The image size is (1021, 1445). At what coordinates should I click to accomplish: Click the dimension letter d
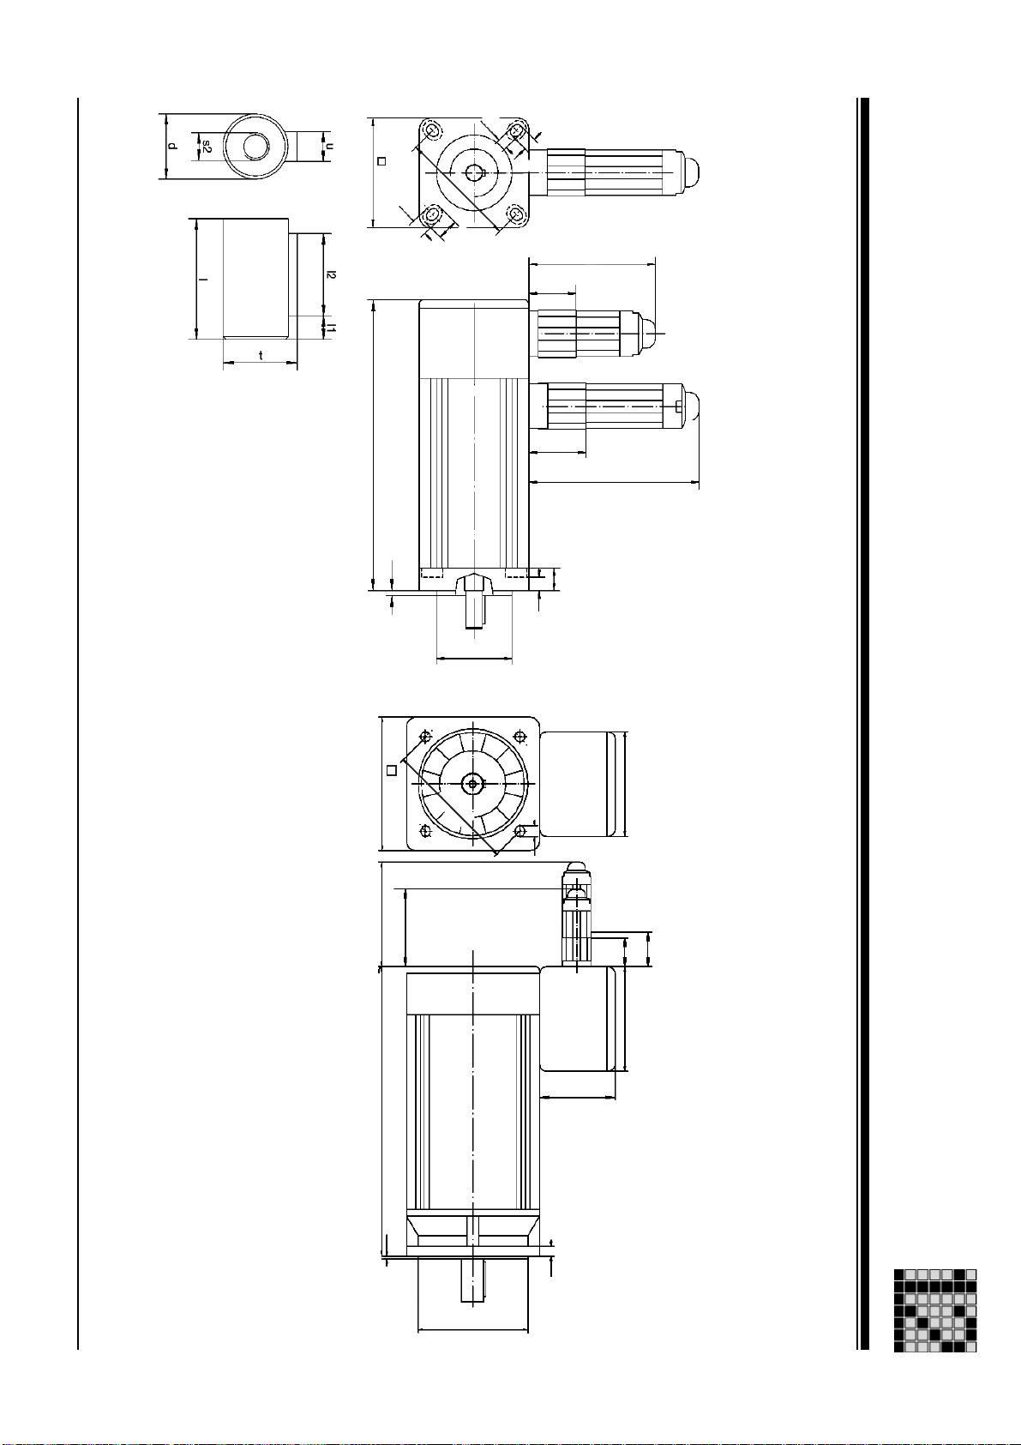pos(171,147)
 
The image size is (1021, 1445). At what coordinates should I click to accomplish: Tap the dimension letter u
pos(329,147)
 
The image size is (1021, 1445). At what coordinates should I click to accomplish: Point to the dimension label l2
pos(332,274)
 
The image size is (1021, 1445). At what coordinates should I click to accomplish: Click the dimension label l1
pos(332,328)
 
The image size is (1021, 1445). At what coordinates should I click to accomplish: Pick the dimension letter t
pos(261,355)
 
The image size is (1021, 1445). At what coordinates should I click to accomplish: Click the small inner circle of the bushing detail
pos(255,147)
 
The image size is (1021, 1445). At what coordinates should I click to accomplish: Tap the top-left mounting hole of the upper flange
pos(432,131)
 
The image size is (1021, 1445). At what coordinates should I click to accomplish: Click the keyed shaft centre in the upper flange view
pos(475,173)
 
